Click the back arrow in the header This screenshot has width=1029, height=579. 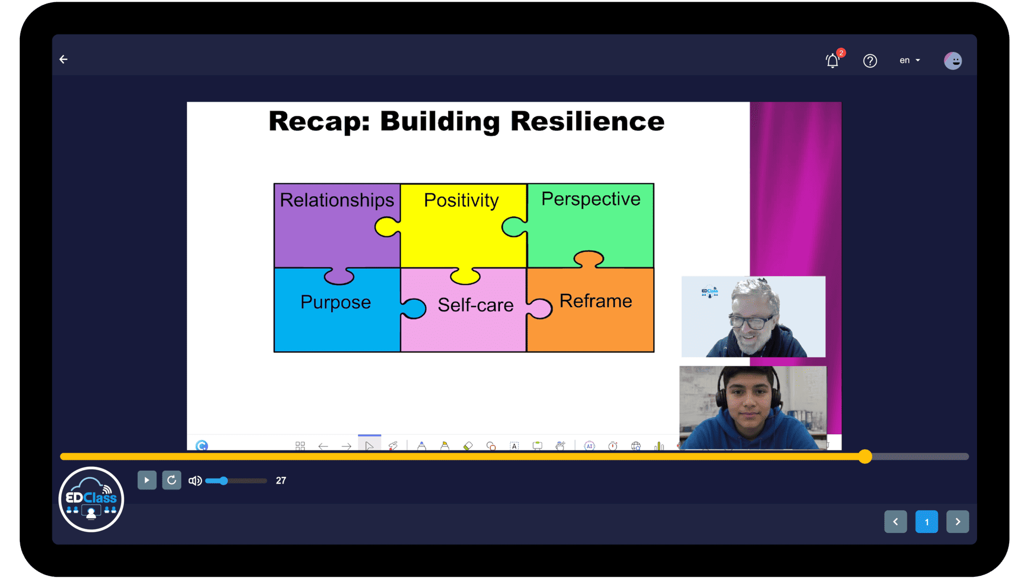pos(63,60)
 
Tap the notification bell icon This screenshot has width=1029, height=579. pos(832,61)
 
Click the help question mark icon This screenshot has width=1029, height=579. pos(870,61)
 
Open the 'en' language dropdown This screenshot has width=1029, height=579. pos(909,61)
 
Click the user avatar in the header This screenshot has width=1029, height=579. pos(953,61)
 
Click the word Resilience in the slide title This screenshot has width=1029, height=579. pos(587,121)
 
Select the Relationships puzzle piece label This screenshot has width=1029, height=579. pos(337,200)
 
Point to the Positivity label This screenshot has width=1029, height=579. pos(461,201)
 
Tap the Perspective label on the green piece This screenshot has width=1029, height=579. pos(591,199)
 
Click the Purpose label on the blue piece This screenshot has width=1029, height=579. pos(335,302)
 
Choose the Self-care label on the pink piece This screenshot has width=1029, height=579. pos(475,305)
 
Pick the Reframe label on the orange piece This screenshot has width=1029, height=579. pos(595,301)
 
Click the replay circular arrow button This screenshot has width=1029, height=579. pos(171,480)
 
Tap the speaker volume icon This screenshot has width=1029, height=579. pos(195,481)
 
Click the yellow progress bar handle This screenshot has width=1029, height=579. pos(865,457)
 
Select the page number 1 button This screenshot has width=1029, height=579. pos(927,522)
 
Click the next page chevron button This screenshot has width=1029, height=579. pos(958,522)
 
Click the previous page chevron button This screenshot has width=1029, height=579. pos(896,522)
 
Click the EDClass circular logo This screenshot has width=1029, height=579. pos(91,500)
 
